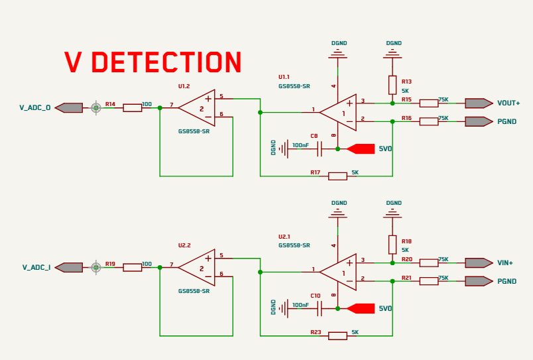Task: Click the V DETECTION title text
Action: [x=153, y=62]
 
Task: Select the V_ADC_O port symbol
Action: [x=69, y=108]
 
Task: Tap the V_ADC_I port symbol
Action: [x=69, y=268]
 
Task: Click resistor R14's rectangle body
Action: [x=132, y=108]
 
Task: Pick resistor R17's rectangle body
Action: [x=337, y=176]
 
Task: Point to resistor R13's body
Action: [x=392, y=85]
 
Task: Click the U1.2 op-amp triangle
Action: [x=196, y=108]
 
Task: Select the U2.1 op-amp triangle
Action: [x=338, y=272]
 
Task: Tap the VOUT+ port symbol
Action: [x=479, y=103]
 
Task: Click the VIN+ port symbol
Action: [x=479, y=263]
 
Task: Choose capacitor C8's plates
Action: [x=319, y=149]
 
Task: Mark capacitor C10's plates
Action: [x=319, y=309]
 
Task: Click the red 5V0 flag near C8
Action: [x=361, y=149]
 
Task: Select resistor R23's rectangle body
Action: [x=337, y=336]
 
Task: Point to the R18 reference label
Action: [x=406, y=241]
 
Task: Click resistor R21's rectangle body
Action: [x=429, y=281]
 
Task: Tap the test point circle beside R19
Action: [x=96, y=268]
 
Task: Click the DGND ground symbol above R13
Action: [x=392, y=54]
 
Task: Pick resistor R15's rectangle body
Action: [x=429, y=103]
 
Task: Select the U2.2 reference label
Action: [x=184, y=245]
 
